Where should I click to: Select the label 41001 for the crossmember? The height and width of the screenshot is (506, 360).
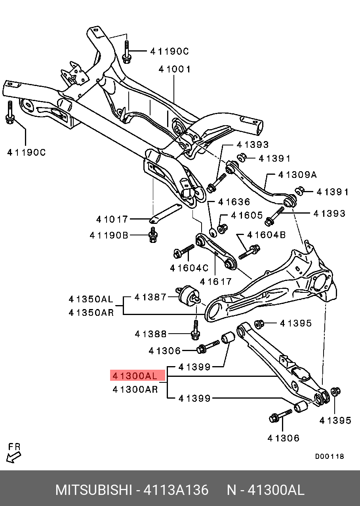(175, 69)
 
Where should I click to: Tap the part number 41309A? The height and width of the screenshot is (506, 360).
(297, 175)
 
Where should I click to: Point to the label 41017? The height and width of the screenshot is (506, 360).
(112, 219)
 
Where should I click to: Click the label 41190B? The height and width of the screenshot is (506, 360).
(109, 236)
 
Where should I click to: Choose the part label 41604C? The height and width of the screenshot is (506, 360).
(189, 268)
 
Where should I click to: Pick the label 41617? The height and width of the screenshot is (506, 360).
(216, 282)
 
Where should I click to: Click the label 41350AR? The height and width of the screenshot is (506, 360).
(91, 312)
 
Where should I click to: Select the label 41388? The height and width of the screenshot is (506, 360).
(151, 334)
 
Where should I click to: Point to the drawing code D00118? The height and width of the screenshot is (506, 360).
(330, 456)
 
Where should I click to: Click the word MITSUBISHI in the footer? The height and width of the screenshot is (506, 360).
(93, 490)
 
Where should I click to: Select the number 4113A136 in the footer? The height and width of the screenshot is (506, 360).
(176, 490)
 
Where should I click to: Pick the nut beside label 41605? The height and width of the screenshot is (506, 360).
(222, 229)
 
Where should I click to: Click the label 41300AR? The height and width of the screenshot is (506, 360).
(135, 390)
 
